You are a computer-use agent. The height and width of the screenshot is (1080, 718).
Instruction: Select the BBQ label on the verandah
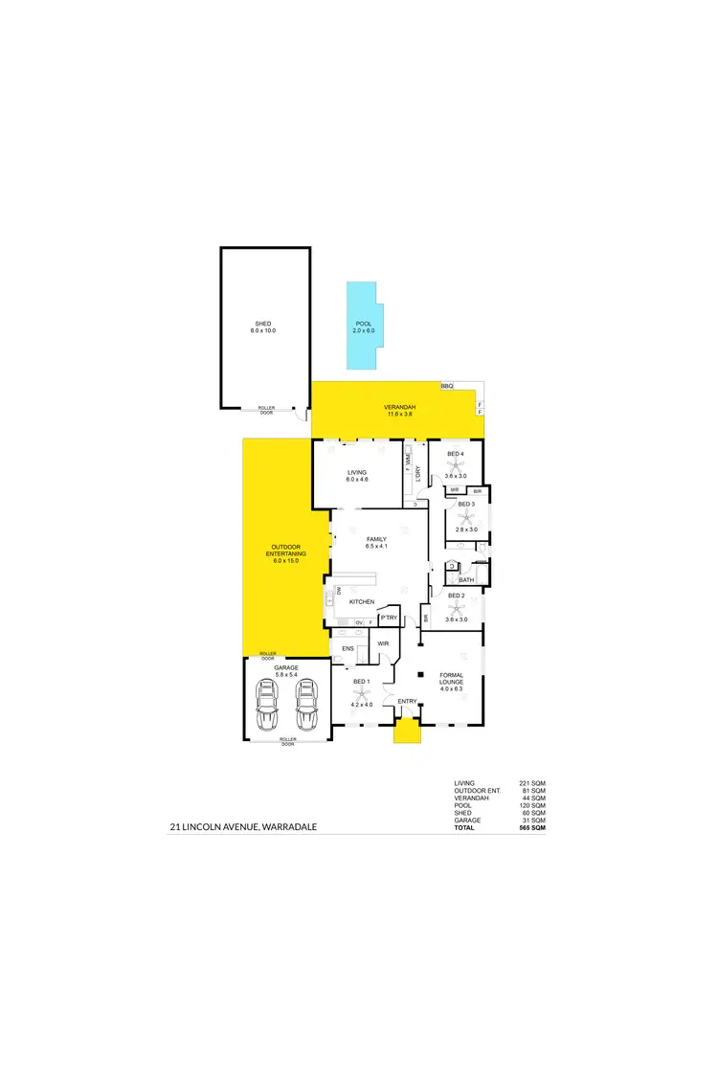tap(446, 386)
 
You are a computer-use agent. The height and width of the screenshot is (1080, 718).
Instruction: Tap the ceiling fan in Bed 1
tap(361, 696)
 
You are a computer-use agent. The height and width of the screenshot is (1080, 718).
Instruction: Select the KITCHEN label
tap(361, 601)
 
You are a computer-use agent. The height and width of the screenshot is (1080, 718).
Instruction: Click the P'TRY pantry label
tap(389, 619)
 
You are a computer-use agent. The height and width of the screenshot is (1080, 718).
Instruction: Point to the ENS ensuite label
tap(348, 648)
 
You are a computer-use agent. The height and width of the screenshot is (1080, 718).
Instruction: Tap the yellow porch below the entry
tap(408, 733)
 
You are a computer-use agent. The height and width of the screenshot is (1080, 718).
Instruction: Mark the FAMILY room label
tap(376, 539)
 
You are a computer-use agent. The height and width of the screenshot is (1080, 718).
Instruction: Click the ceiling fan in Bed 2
tap(456, 608)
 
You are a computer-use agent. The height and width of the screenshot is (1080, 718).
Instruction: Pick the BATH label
tap(466, 579)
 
